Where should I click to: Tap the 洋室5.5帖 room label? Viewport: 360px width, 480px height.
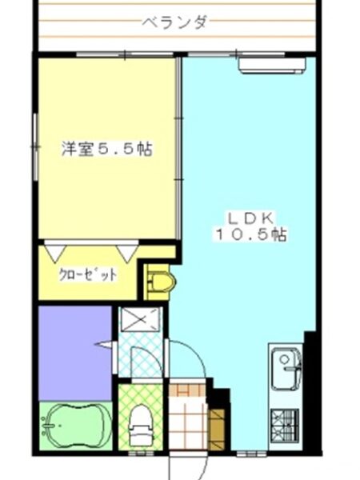click(x=107, y=149)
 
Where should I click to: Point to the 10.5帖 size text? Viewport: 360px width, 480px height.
click(x=251, y=234)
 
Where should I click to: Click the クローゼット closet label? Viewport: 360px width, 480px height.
click(x=87, y=275)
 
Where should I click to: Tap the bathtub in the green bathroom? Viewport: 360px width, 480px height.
click(x=74, y=422)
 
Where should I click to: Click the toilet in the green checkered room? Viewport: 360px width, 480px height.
click(x=141, y=424)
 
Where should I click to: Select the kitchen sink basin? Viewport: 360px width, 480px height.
click(x=286, y=368)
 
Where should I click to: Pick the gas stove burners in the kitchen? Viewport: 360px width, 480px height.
click(x=284, y=426)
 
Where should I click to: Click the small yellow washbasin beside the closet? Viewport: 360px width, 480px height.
click(x=161, y=281)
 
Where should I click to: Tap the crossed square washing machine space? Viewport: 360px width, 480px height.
click(x=141, y=319)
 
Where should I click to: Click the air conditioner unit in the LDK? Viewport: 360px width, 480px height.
click(x=272, y=66)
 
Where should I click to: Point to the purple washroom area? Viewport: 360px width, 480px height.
click(x=75, y=353)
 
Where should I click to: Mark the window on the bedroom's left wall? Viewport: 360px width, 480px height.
click(x=36, y=147)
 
